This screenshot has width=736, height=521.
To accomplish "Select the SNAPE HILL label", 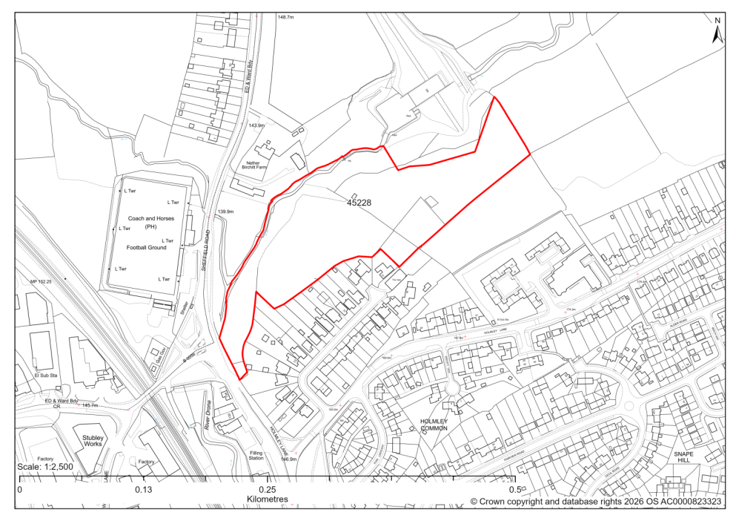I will coord(683,456).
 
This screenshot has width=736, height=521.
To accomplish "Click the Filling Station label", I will coord(256,455).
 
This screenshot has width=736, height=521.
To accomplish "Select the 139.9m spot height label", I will coord(226,212).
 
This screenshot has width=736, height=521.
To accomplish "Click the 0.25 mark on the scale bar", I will coord(267,491).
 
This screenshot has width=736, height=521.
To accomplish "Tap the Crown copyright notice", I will coord(596,502).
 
